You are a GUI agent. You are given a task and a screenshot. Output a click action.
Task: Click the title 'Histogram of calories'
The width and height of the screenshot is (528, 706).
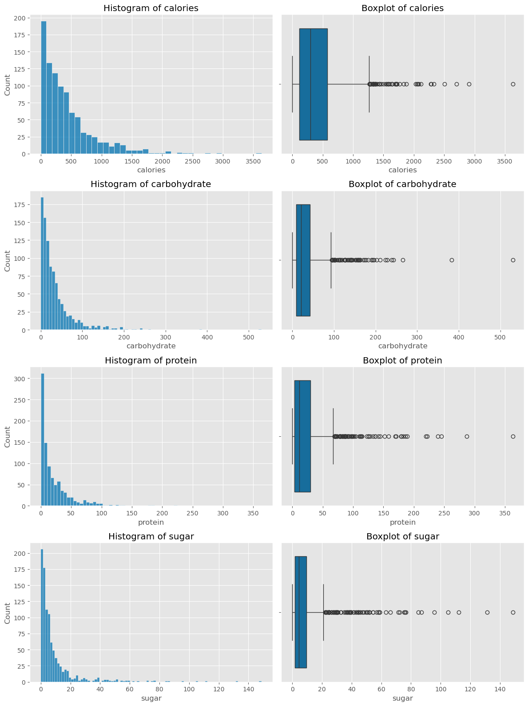tap(151, 8)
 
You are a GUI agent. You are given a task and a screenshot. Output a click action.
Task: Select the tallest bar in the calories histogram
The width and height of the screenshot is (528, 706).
tap(44, 88)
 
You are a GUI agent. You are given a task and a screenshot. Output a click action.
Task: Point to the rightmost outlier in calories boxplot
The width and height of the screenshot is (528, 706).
tap(513, 84)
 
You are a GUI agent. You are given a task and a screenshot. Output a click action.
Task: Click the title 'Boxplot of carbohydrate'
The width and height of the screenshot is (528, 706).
tap(402, 184)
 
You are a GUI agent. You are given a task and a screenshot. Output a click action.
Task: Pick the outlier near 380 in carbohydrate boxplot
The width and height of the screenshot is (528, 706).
tap(452, 260)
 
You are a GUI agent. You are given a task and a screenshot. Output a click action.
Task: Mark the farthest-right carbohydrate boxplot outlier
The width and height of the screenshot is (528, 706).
tap(513, 260)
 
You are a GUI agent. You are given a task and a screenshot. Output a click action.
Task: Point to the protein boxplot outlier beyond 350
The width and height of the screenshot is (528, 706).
tap(513, 436)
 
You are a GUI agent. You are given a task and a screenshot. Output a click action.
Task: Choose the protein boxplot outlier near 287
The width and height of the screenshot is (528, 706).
tap(467, 436)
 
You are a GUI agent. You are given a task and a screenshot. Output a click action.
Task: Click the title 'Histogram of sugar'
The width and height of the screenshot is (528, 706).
tap(151, 537)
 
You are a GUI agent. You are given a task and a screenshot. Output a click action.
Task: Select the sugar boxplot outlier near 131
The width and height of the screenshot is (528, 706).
tap(487, 612)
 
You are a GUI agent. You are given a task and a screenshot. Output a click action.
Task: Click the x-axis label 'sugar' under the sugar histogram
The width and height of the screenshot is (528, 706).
tap(151, 698)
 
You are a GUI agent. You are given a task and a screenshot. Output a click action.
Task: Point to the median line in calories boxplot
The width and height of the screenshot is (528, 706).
tap(310, 84)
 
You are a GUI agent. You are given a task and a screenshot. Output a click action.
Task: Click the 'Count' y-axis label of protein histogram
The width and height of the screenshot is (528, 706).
tap(8, 436)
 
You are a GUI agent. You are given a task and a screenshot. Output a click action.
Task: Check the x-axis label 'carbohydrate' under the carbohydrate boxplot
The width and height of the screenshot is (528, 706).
tap(402, 346)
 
